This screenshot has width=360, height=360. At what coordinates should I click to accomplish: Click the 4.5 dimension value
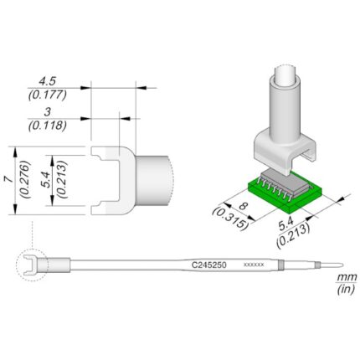pos(48,81)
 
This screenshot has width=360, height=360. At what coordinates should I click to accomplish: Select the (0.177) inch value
pos(48,95)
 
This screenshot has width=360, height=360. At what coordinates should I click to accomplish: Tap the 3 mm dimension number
pos(48,112)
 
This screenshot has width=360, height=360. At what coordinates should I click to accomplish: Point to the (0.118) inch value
pos(48,126)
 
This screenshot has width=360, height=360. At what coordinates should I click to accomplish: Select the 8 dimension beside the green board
pos(244,207)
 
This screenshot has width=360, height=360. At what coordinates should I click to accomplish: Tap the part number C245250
pos(208,265)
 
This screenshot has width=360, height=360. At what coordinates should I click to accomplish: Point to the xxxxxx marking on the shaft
pos(254,265)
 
